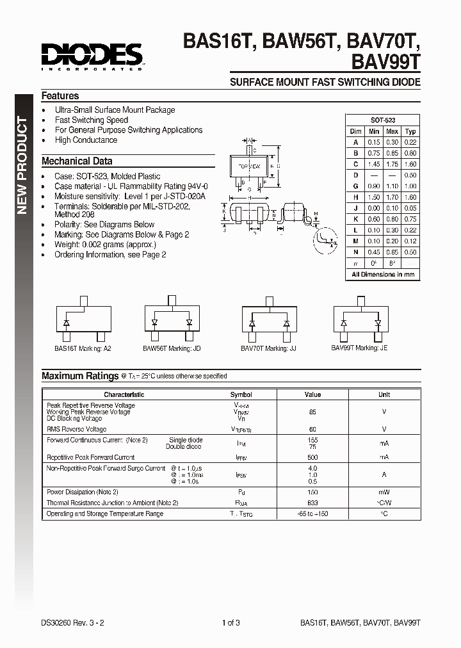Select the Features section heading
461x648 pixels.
pos(60,96)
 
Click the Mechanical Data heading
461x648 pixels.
pos(77,161)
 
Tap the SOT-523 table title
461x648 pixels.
pos(383,120)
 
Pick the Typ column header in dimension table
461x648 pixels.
pos(410,131)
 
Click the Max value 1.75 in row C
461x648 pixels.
pos(392,164)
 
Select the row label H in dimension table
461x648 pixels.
pos(355,197)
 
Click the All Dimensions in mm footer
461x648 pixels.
pos(383,274)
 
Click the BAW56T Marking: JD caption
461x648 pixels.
pos(172,348)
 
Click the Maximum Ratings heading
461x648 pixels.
pos(80,376)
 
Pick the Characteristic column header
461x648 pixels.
pos(124,394)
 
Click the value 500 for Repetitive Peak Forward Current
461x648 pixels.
pos(312,457)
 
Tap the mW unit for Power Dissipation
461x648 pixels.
pos(384,492)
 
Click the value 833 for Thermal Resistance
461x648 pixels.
pos(312,503)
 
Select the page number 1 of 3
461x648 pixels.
pos(230,622)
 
